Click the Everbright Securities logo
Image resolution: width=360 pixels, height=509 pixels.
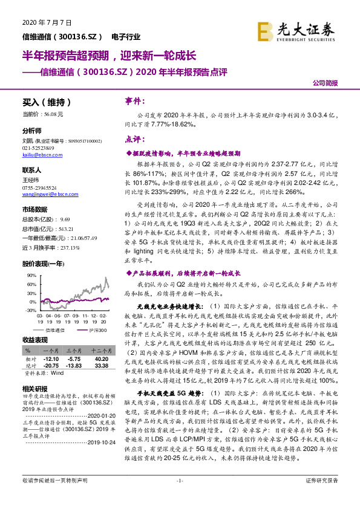(x=295, y=28)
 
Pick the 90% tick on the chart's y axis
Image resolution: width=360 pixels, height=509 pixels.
(x=30, y=275)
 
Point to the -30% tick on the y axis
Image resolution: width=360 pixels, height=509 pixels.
(x=30, y=310)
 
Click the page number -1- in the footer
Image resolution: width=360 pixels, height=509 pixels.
(x=179, y=497)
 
